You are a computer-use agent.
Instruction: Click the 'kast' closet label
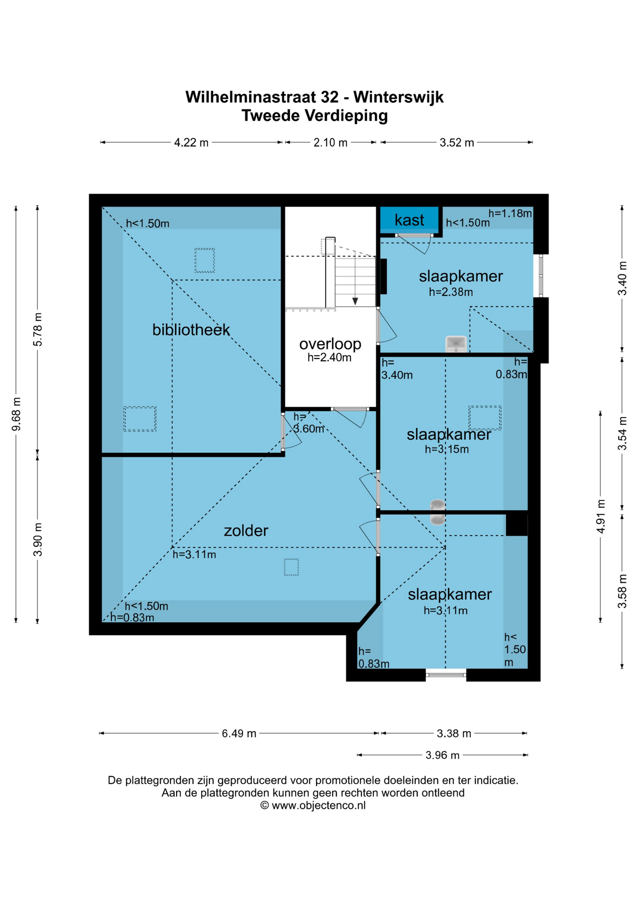click(409, 220)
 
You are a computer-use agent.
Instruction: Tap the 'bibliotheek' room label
click(191, 330)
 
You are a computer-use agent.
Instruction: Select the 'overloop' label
click(330, 344)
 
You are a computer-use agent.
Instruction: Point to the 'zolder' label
click(246, 530)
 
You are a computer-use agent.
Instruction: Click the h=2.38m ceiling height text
click(451, 292)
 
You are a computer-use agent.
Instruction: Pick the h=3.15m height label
click(447, 449)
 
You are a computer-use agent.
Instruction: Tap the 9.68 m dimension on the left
click(16, 414)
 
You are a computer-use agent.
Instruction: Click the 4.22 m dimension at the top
click(191, 142)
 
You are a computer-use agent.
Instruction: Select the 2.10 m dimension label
click(330, 142)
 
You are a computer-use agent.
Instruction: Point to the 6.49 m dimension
click(239, 733)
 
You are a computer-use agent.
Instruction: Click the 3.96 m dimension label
click(443, 755)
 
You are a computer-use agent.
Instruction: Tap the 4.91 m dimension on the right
click(600, 516)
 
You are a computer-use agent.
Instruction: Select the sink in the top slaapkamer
click(456, 344)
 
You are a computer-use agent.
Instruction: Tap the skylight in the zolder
click(291, 567)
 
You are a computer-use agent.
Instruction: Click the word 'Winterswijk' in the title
click(398, 97)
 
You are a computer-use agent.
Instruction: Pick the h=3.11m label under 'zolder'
click(194, 554)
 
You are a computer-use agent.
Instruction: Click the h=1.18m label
click(510, 213)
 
